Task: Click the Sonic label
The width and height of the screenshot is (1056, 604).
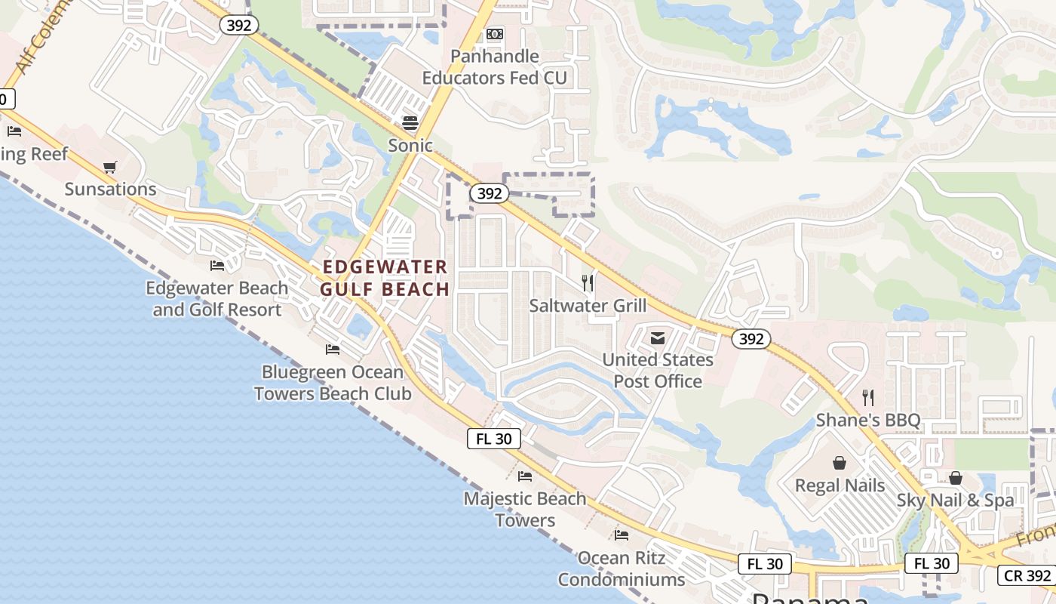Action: [x=410, y=145]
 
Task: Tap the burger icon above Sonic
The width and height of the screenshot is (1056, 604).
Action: [x=410, y=122]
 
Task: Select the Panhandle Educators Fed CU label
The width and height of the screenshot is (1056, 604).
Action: [x=494, y=67]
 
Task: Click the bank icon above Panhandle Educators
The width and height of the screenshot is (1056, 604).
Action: [x=495, y=34]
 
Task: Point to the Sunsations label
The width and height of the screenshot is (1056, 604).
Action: [x=110, y=189]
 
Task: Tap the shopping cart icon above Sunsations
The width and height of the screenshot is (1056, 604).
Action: [x=110, y=167]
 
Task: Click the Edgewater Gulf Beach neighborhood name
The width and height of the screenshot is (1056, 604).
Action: [x=385, y=278]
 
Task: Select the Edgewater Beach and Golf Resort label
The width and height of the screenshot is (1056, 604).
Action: [x=217, y=299]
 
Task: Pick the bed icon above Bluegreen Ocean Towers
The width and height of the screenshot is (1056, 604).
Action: [x=333, y=350]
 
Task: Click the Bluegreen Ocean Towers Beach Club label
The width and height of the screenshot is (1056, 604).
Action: [x=333, y=383]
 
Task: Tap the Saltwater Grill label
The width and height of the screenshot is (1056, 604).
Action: [x=588, y=306]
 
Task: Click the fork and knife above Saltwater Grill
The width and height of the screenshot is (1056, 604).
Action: [x=588, y=283]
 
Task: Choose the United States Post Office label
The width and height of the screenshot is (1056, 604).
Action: [x=658, y=371]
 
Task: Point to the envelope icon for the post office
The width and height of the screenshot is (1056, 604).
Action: [x=658, y=339]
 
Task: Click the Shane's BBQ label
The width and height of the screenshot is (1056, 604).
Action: [x=868, y=420]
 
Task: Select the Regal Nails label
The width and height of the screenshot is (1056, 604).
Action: [x=840, y=485]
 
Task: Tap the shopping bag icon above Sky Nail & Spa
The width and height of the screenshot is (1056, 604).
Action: [x=956, y=478]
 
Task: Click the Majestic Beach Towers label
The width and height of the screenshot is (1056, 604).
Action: [x=525, y=510]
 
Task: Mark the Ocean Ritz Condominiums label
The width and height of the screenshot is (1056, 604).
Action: [x=622, y=569]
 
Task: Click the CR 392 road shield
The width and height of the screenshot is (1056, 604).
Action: [x=1027, y=575]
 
